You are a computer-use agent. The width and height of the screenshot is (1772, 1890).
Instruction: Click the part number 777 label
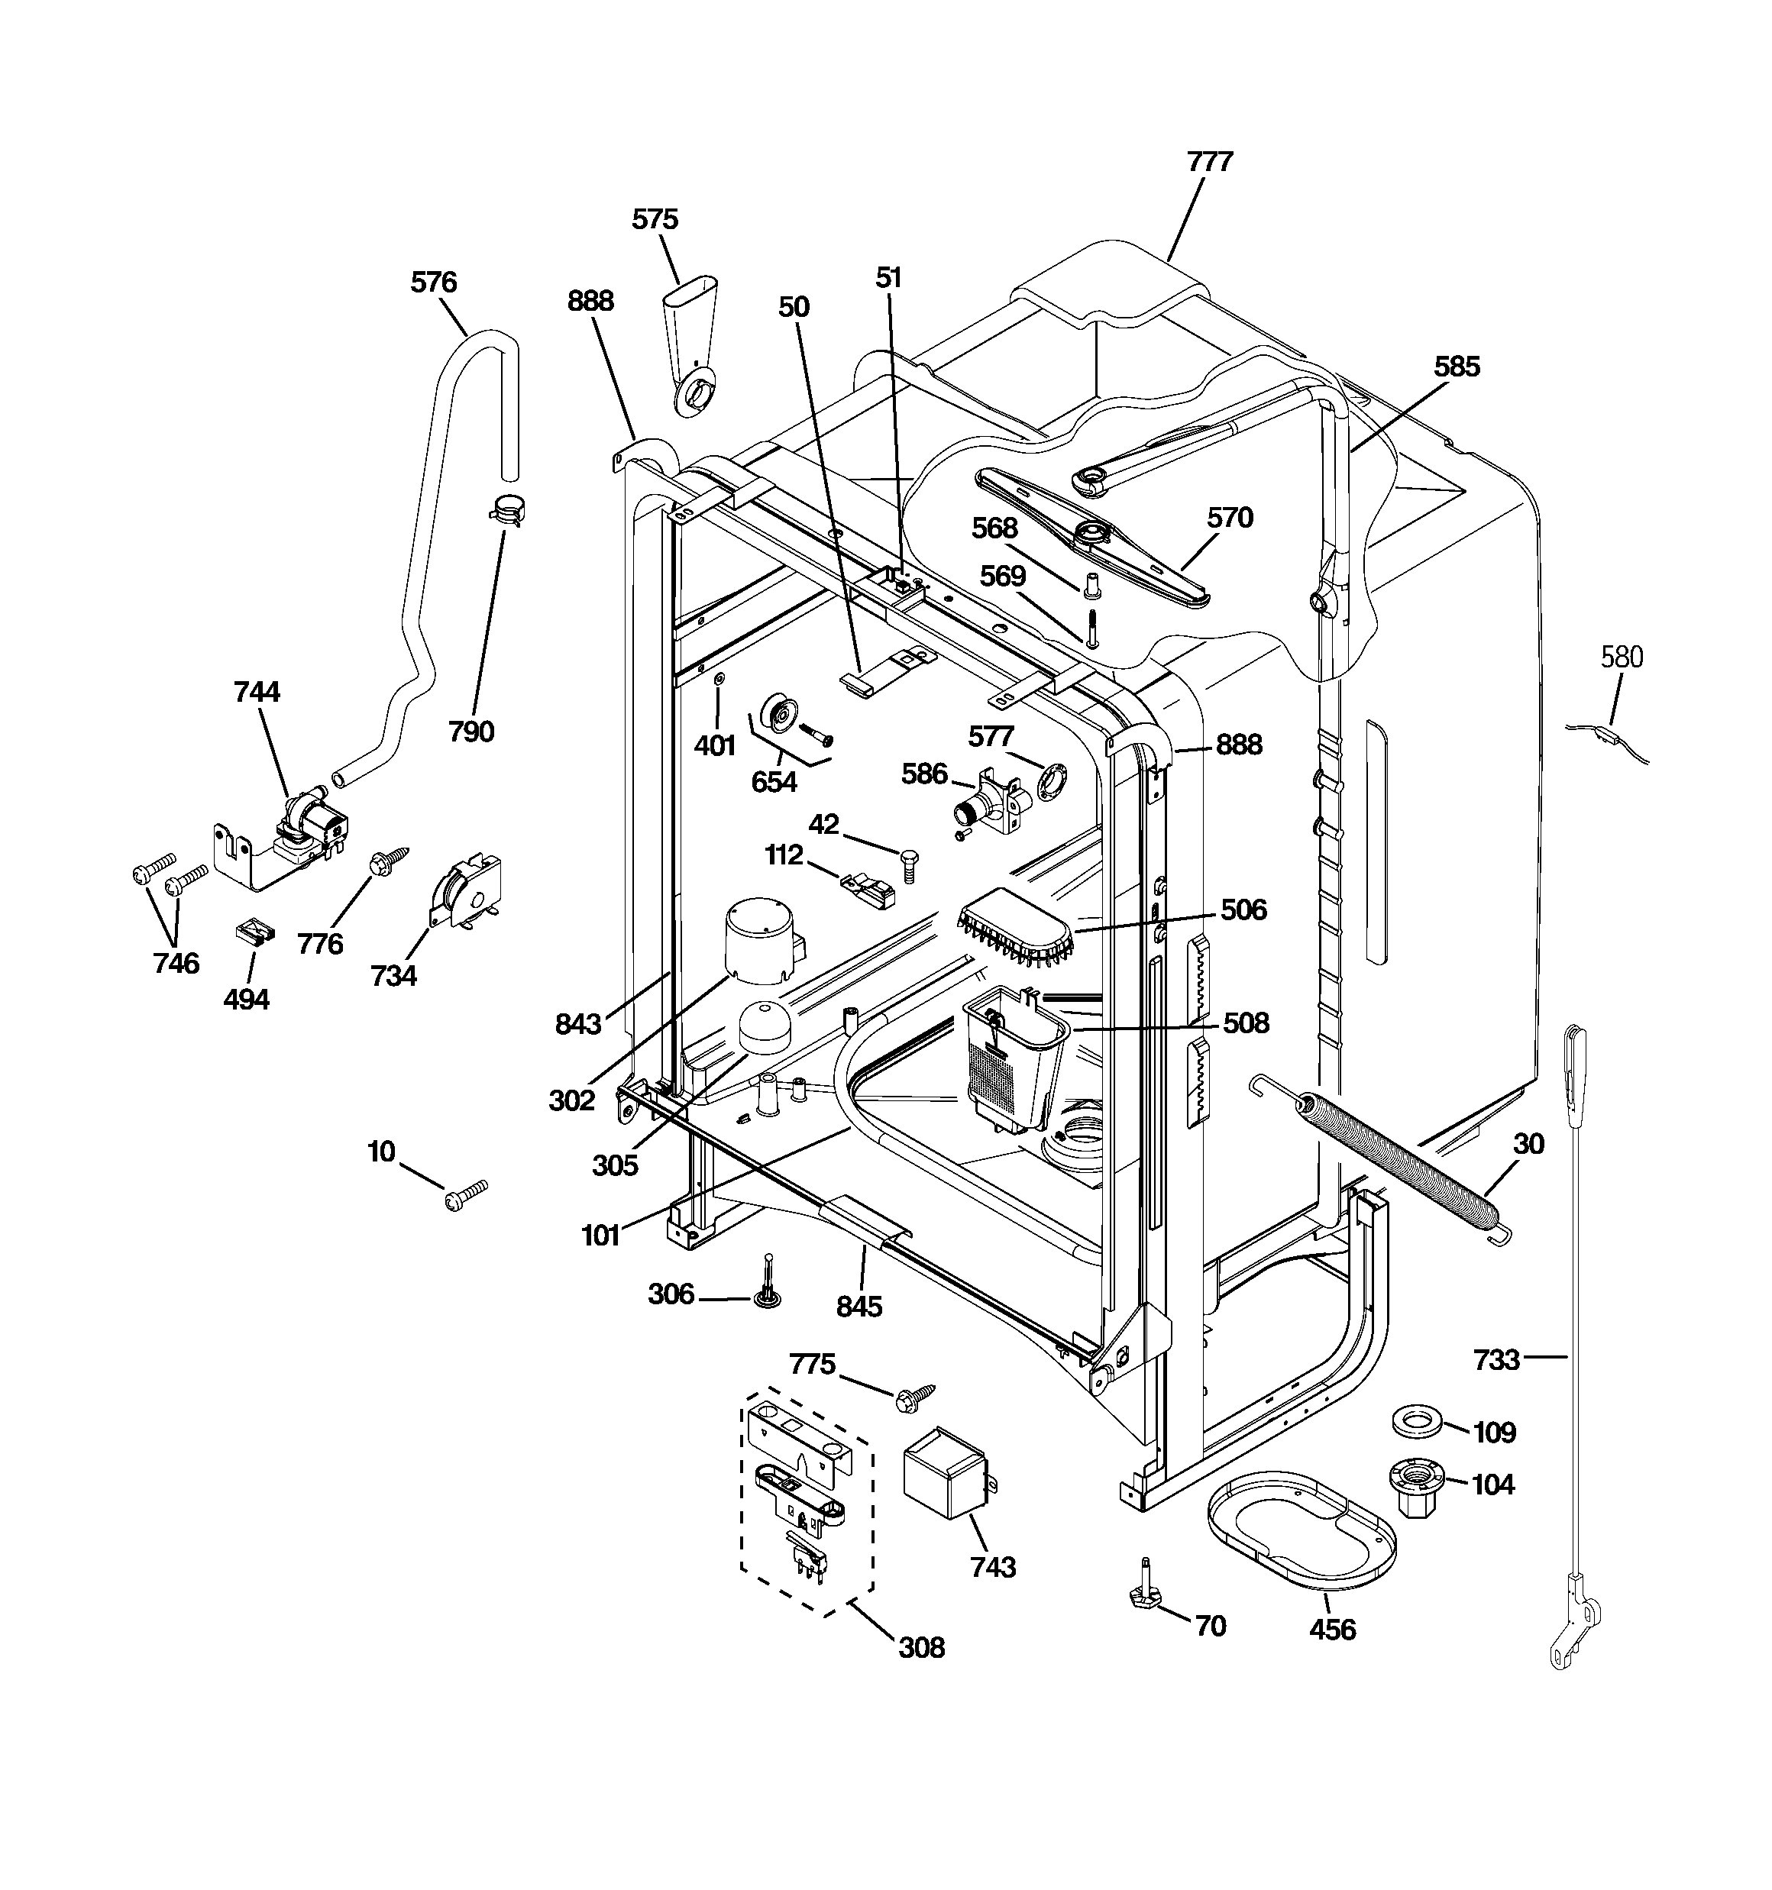1209,162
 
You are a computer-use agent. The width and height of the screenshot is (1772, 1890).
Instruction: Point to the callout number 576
434,283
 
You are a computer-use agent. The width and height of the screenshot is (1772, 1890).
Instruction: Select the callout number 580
1621,657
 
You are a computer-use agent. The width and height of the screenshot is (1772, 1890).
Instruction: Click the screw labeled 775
915,1394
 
